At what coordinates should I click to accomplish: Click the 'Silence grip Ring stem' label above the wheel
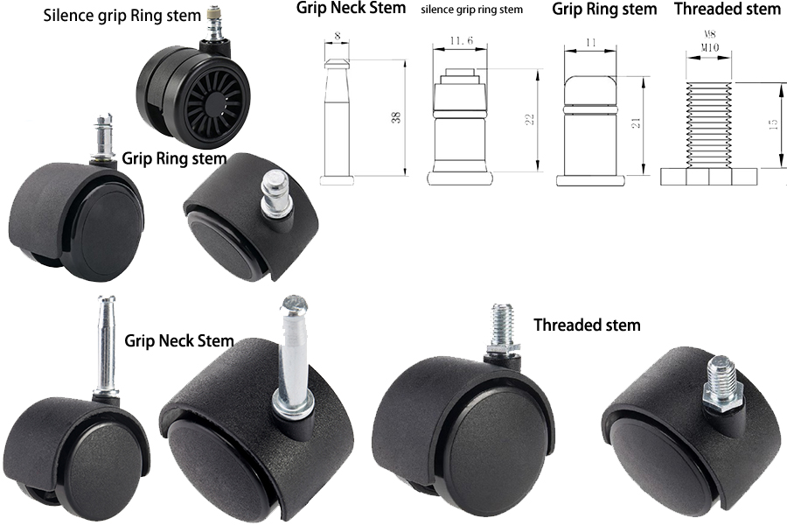click(121, 17)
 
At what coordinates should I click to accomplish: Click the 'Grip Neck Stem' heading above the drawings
click(351, 9)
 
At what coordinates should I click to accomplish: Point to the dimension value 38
click(396, 117)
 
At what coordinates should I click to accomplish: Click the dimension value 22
click(529, 119)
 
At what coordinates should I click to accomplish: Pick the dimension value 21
click(637, 122)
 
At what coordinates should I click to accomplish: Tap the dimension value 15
click(773, 125)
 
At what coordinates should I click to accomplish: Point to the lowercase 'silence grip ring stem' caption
click(471, 10)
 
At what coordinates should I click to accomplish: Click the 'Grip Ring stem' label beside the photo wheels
click(174, 158)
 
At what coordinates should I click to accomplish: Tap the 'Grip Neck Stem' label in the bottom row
click(179, 340)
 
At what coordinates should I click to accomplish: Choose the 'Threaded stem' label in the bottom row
click(587, 325)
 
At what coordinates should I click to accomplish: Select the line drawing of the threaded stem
click(709, 131)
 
